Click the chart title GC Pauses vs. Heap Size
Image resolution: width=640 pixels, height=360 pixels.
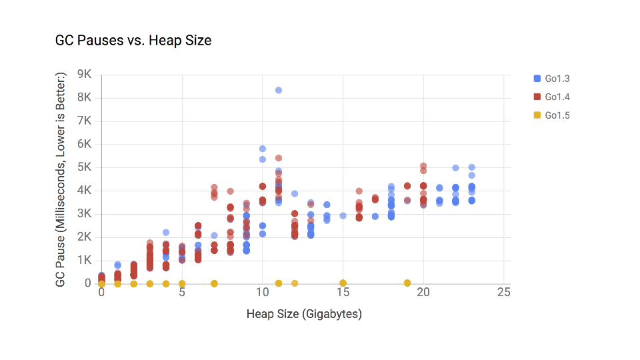133,41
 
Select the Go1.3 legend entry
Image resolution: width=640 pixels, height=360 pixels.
557,79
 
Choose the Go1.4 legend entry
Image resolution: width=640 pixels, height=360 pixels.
557,97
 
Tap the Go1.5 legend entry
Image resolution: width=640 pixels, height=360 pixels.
557,116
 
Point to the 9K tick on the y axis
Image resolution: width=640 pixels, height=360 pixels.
85,74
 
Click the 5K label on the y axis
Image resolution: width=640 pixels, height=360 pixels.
85,167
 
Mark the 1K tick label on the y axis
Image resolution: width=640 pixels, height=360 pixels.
85,260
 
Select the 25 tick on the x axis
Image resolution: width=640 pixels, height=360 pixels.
504,293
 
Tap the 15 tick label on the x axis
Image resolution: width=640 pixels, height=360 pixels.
343,293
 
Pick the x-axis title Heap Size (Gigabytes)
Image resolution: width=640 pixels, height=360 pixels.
304,313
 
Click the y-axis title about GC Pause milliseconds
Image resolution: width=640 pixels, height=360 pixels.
61,181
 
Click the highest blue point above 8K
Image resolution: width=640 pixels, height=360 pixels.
279,90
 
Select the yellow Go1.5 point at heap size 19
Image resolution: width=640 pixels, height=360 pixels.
407,283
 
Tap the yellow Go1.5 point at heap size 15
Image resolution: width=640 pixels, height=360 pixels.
343,283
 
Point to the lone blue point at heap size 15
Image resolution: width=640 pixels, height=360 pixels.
343,215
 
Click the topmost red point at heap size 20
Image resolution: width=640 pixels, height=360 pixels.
423,165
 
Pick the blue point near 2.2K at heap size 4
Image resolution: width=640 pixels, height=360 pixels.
166,232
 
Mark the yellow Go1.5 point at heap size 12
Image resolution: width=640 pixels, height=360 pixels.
295,283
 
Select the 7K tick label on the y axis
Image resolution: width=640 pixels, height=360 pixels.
85,121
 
